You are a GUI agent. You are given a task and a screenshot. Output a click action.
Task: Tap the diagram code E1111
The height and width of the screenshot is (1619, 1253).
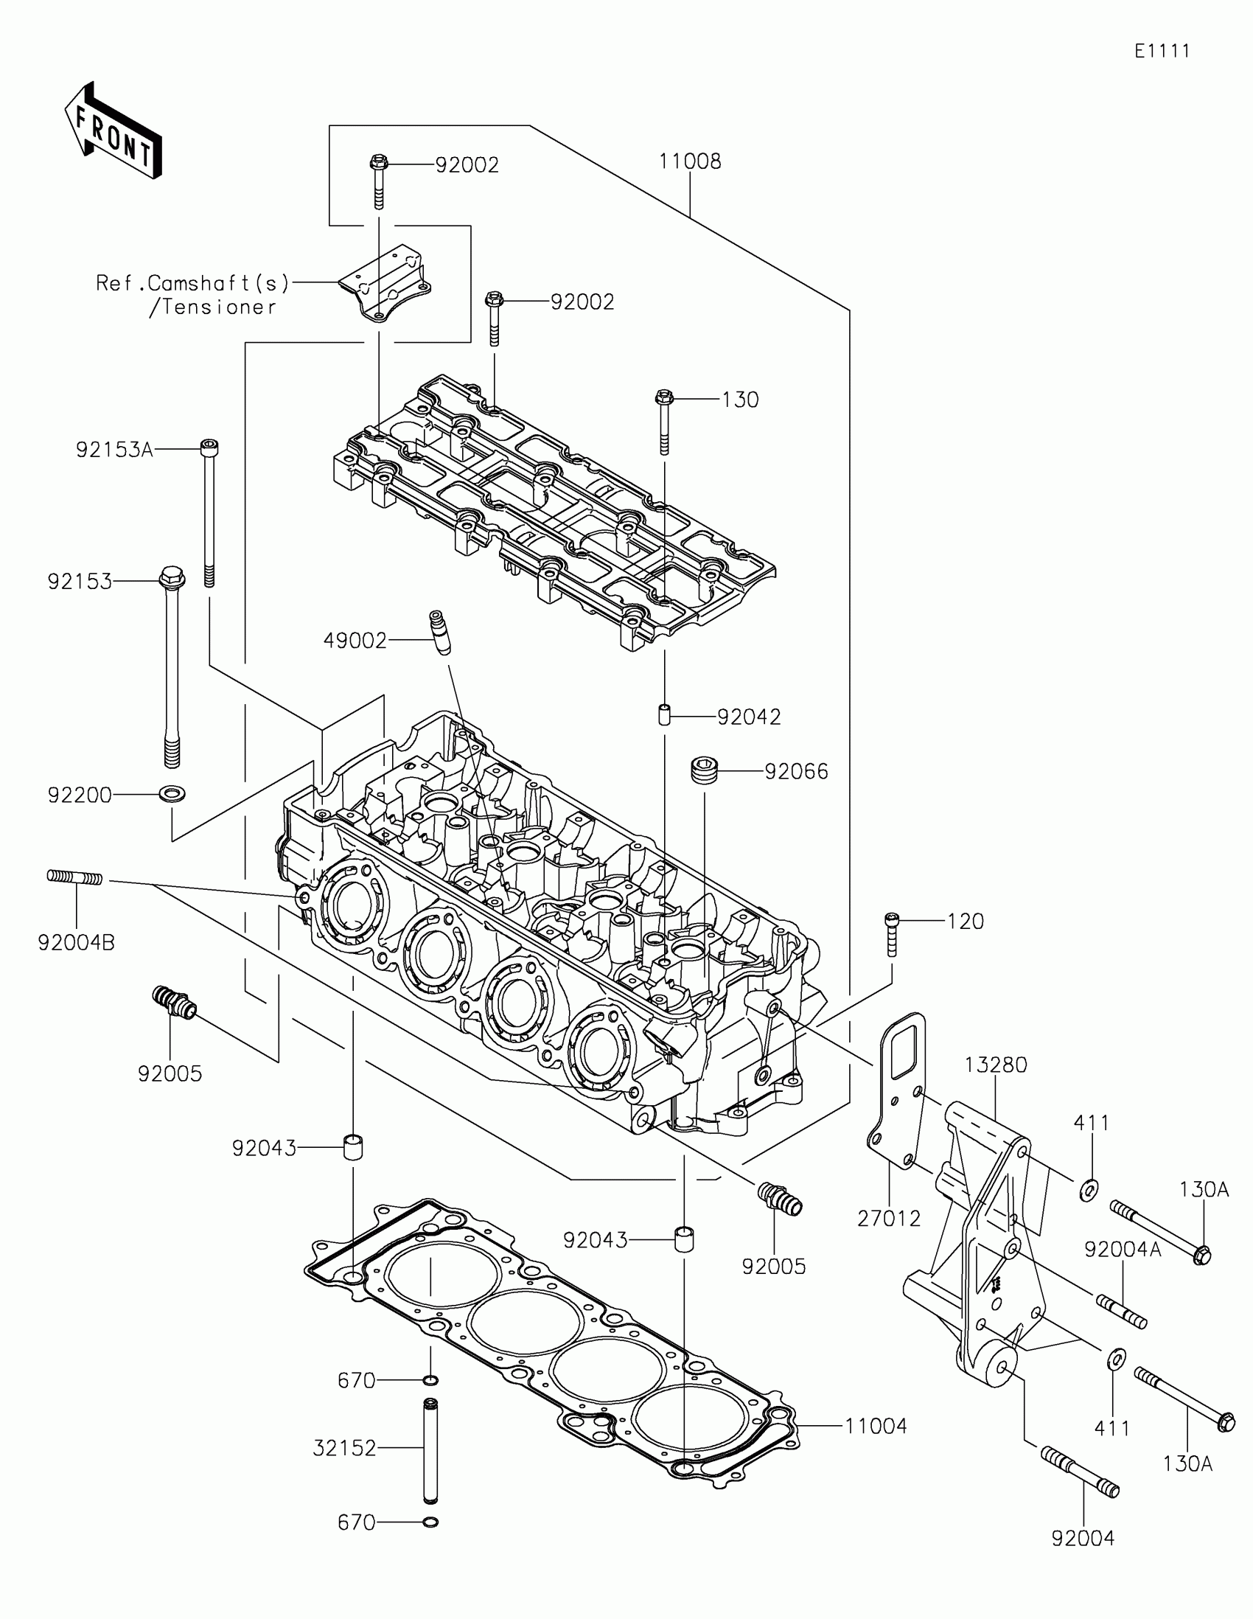click(x=1162, y=51)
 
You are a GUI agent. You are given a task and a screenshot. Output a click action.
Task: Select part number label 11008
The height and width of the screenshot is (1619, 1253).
click(x=690, y=161)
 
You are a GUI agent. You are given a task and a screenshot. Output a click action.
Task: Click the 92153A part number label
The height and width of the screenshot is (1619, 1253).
click(x=114, y=450)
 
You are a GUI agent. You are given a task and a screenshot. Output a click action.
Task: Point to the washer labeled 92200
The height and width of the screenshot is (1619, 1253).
click(x=172, y=794)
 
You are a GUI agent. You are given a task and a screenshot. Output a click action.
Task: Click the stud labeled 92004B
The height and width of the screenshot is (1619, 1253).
click(x=75, y=877)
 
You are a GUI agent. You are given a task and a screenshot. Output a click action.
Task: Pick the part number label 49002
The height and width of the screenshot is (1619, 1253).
click(x=355, y=641)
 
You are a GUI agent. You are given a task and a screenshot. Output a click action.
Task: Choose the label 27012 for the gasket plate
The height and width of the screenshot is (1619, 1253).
click(x=888, y=1218)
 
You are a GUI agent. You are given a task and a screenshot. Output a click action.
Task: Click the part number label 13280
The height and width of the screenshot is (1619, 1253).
click(x=996, y=1065)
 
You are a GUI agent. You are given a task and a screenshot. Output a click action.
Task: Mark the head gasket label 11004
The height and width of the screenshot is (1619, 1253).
click(x=876, y=1426)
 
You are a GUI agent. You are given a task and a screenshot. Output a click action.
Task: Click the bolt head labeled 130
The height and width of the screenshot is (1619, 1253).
click(x=663, y=398)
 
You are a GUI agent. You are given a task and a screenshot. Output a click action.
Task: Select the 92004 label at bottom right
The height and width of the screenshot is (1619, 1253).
click(x=1083, y=1538)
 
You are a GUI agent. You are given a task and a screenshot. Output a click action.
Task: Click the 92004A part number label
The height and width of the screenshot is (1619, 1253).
click(x=1123, y=1249)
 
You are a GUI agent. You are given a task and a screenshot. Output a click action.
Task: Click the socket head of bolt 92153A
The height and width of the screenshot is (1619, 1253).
click(x=210, y=447)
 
